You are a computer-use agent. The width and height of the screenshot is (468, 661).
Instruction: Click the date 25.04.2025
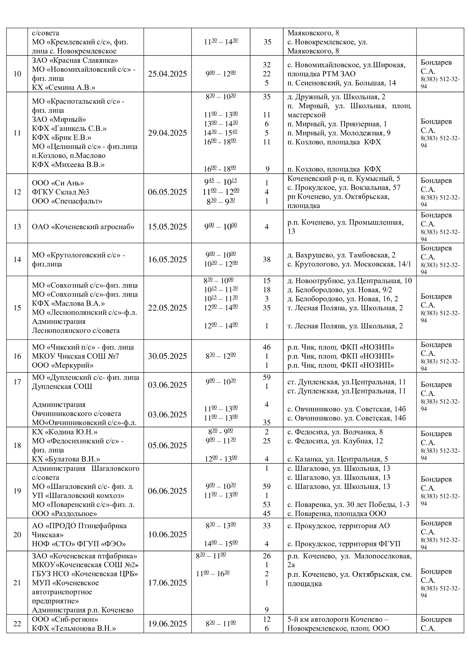point(167,74)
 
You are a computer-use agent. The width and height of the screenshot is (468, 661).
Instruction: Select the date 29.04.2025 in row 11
point(167,133)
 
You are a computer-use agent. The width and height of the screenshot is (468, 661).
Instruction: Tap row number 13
point(17,227)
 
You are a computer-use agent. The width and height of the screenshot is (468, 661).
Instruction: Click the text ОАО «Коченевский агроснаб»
point(83,227)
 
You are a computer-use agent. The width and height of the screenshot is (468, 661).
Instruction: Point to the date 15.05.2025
point(167,227)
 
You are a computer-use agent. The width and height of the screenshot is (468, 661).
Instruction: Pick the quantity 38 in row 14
point(267,260)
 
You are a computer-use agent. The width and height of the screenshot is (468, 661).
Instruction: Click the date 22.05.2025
point(167,308)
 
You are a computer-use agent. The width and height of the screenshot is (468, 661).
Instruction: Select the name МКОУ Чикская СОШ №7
point(76,356)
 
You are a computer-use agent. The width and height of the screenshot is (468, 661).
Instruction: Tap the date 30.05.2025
point(167,356)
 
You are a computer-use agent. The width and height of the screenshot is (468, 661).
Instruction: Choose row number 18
point(17,446)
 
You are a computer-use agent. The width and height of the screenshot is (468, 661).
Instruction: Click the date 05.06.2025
point(167,446)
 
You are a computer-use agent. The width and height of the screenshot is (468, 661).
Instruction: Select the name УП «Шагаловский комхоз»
point(78,496)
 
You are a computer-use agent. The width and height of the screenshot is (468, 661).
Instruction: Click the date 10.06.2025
point(167,535)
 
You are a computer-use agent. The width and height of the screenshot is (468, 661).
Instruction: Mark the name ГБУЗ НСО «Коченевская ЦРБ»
point(85,574)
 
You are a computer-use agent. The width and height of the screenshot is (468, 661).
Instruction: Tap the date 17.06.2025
point(167,583)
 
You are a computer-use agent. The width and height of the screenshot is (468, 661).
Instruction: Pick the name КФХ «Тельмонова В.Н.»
point(74,629)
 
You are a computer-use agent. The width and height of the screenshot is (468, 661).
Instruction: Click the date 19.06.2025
point(167,624)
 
